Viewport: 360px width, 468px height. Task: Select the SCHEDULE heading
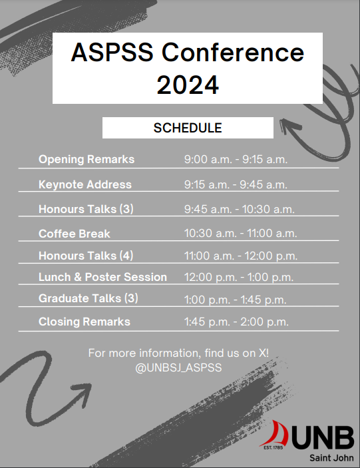(187, 127)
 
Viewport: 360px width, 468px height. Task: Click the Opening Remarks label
(87, 160)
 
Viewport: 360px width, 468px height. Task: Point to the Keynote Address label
(85, 184)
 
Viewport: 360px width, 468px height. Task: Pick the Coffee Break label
(75, 234)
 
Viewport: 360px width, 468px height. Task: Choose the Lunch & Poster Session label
(102, 276)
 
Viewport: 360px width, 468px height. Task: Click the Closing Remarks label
(85, 322)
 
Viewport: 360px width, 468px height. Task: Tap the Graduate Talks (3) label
(89, 298)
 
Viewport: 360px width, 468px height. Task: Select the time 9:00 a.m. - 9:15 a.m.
(236, 160)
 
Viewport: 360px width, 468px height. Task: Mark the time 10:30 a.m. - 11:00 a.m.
(240, 234)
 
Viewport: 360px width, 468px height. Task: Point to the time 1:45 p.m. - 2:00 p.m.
(236, 322)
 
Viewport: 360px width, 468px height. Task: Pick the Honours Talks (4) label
(86, 256)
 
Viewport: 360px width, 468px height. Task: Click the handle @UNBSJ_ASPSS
(179, 367)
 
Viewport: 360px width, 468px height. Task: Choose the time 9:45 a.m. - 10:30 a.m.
(239, 209)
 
